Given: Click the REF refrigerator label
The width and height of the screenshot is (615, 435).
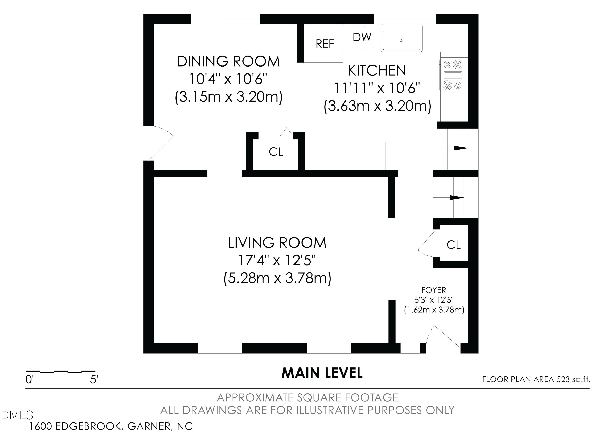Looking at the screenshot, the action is point(325,44).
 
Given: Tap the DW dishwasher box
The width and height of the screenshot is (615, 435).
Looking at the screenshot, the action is point(361,38).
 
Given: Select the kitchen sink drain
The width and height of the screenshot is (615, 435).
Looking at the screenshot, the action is point(402,41).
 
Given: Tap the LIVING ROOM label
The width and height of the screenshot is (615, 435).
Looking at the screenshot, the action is point(277,243).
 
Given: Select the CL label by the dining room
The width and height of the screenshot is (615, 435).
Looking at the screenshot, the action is point(276,152).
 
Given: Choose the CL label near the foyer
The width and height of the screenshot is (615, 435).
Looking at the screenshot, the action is point(454,244).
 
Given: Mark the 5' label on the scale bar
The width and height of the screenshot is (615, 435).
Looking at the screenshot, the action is point(94,380).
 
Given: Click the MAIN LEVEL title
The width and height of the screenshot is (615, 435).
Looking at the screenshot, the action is point(322,373).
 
